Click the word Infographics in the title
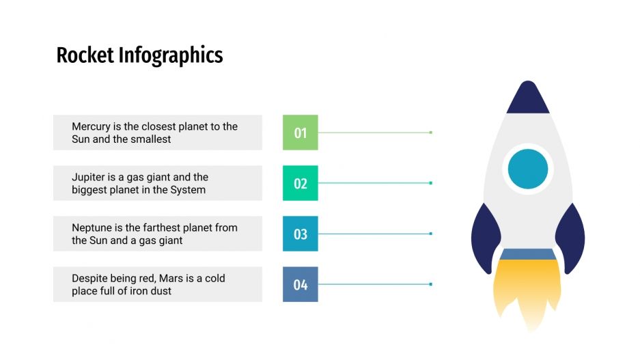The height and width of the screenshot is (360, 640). coord(171,55)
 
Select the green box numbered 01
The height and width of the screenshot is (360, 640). coord(301,133)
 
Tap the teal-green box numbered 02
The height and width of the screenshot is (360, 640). coord(301,183)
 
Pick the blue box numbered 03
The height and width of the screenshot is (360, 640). coord(301,234)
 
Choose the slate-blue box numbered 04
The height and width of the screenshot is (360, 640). coord(301,284)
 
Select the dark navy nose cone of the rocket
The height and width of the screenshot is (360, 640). coord(528,99)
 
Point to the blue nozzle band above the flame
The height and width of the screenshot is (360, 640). coord(528,254)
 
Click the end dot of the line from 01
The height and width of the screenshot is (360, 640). coord(431,133)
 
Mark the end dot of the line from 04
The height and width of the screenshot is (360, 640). coord(431,284)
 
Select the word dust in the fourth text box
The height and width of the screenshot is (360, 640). coord(159,291)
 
